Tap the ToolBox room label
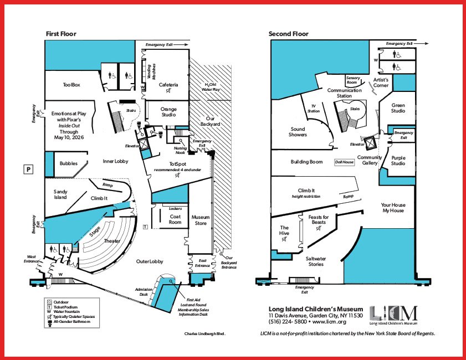tap(71, 85)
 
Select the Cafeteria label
tap(168, 85)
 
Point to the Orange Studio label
tap(168, 112)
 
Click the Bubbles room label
tap(69, 163)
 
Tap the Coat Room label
tap(175, 219)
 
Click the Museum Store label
tap(200, 220)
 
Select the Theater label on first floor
tap(112, 241)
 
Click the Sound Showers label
tap(298, 132)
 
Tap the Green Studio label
tap(398, 108)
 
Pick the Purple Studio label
tap(398, 160)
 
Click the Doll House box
tap(344, 162)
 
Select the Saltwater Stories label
tap(315, 261)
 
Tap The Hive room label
tap(284, 230)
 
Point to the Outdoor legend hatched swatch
tap(49, 302)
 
